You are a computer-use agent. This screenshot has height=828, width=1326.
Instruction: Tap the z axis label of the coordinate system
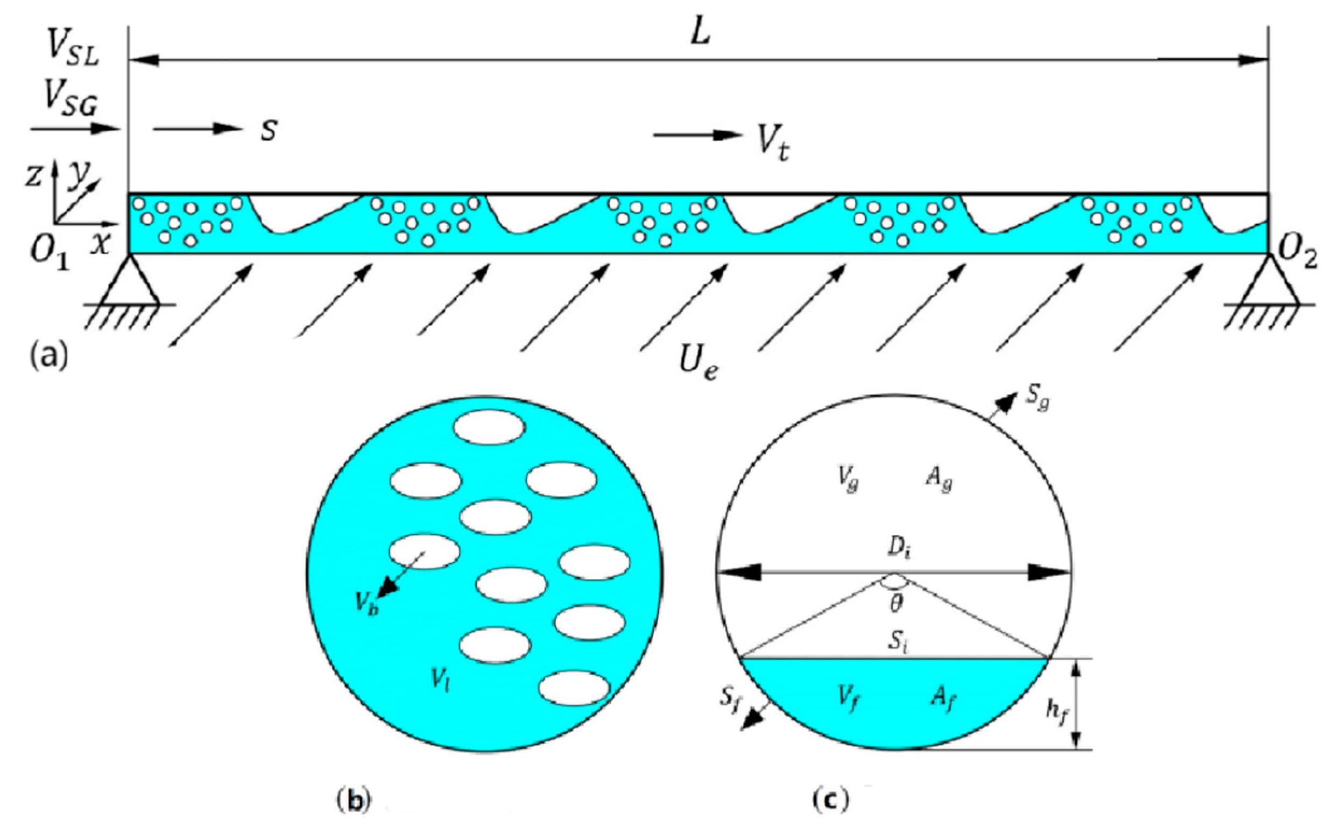[x=34, y=176]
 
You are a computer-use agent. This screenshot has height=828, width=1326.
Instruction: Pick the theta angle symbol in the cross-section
[x=897, y=604]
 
